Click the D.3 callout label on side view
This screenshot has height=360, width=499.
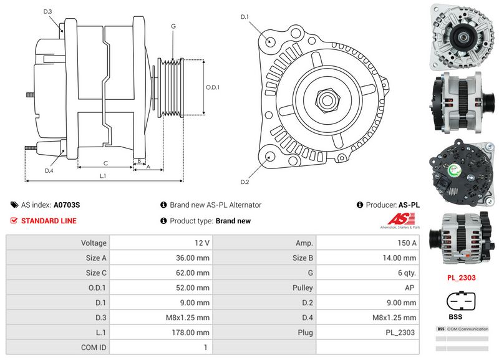coord(48,11)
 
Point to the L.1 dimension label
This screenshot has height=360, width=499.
coord(103,176)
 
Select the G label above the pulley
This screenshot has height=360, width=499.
coord(173,26)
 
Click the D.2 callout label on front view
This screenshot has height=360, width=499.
coord(245,182)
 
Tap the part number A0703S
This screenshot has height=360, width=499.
coord(67,205)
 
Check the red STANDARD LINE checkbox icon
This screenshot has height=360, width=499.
coord(14,221)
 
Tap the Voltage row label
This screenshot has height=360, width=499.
coord(94,243)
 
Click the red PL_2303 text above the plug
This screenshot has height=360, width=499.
coord(462,278)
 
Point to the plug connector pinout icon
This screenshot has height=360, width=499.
coord(462,301)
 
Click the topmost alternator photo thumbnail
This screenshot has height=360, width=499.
coord(462,36)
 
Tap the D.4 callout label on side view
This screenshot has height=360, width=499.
coord(49,170)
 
